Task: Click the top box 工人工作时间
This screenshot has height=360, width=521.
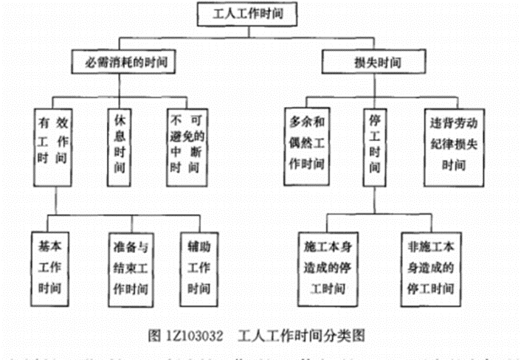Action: coord(258,13)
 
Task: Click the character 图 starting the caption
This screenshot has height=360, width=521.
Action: coord(153,334)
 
